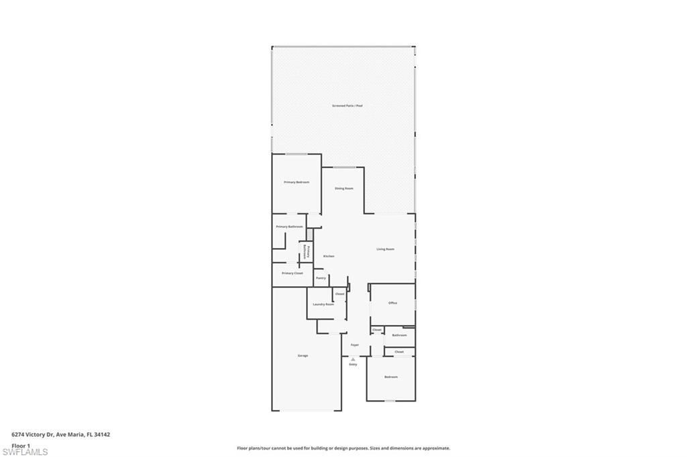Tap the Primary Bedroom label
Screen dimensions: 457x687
(297, 182)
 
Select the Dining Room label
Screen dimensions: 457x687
(344, 188)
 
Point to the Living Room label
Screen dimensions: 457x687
(385, 249)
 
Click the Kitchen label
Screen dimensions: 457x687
(329, 256)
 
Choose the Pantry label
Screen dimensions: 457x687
(321, 277)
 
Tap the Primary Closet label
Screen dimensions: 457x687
(293, 273)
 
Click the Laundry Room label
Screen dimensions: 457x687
(323, 304)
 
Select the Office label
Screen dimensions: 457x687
(393, 303)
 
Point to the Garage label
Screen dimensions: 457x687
(303, 355)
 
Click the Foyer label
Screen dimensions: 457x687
(355, 345)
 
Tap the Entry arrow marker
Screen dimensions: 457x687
(353, 359)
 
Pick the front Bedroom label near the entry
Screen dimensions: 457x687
(391, 377)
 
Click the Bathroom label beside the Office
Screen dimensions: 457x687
(399, 335)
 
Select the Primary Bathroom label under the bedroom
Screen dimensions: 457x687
(289, 226)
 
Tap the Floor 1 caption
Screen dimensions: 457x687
(21, 445)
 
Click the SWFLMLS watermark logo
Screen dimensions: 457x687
(25, 452)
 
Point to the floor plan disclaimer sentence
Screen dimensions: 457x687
(343, 448)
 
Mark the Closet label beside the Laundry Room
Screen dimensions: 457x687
(339, 293)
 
